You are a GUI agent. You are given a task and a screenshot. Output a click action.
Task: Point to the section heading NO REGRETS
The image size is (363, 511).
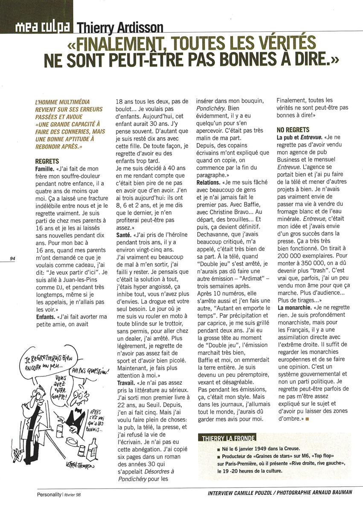(x=293, y=129)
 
